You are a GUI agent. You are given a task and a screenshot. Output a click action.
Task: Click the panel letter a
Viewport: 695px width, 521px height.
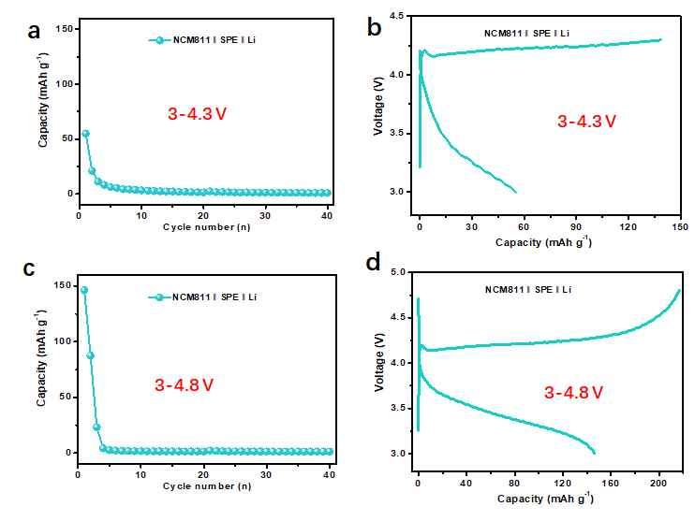35,31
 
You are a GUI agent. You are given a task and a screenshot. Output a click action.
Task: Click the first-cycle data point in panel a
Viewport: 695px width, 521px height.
85,134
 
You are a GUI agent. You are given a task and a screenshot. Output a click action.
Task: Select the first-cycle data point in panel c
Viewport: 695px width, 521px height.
84,290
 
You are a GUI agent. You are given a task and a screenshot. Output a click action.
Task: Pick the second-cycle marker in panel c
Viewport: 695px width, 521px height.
91,355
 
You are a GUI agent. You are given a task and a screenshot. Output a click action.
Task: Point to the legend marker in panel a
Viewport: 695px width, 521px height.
160,40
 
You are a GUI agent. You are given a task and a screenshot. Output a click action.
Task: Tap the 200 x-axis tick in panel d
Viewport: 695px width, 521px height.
659,487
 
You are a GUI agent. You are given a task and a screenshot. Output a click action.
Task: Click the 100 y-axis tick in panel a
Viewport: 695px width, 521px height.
65,84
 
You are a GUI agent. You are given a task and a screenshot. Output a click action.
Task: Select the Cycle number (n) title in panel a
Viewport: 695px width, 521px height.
206,227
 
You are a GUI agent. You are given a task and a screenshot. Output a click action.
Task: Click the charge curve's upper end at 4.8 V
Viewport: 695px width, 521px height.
678,291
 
